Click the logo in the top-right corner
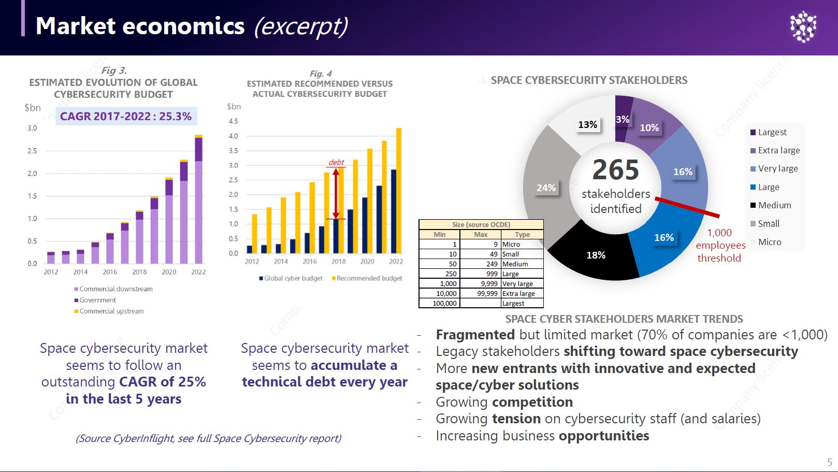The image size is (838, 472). pos(803,26)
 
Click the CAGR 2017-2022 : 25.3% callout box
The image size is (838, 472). pos(126,117)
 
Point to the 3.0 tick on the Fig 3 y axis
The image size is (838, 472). pos(32,128)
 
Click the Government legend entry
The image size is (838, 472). pos(97,300)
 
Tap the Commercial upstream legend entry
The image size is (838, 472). pos(111,311)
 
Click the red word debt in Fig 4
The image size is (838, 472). pos(336,162)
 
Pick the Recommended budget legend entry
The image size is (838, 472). pos(369,278)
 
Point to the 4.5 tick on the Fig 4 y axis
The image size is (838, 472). pos(233,121)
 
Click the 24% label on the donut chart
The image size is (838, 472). pos(546,188)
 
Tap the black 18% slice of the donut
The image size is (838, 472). pos(596,255)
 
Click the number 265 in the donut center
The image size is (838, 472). pos(615,170)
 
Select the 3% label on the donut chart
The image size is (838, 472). pos(623,119)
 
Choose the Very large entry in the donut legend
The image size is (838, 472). pos(777,168)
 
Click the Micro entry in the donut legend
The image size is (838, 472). pos(770,242)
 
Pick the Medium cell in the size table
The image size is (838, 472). pos(515,264)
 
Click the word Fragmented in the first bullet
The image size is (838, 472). pos(475,335)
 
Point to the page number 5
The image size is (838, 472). pos(830,462)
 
